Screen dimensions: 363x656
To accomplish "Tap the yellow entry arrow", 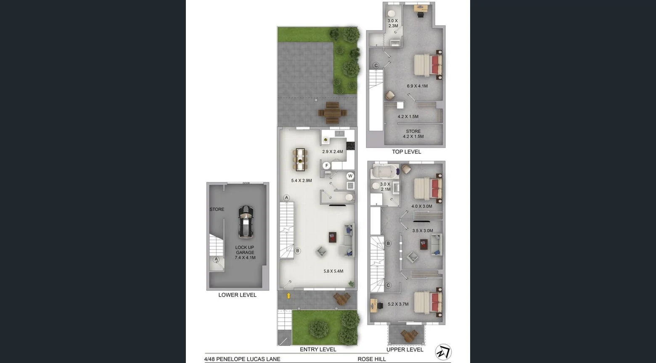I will pyautogui.click(x=288, y=295).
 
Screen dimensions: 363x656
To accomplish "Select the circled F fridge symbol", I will pyautogui.click(x=326, y=166).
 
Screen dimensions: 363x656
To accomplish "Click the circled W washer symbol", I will pyautogui.click(x=350, y=176).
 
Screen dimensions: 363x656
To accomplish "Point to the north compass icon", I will pyautogui.click(x=443, y=352).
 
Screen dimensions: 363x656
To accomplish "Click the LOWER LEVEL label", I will pyautogui.click(x=237, y=295).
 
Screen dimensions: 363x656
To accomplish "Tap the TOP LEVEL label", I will pyautogui.click(x=406, y=152).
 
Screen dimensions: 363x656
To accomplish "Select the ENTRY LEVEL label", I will pyautogui.click(x=318, y=349).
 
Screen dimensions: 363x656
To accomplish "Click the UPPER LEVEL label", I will pyautogui.click(x=405, y=349).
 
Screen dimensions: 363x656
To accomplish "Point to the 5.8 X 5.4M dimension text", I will pyautogui.click(x=333, y=271).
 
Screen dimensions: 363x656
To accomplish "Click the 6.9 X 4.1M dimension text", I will pyautogui.click(x=417, y=86).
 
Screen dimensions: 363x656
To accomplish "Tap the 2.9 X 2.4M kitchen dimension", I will pyautogui.click(x=333, y=152).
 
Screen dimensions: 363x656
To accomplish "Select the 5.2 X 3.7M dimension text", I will pyautogui.click(x=398, y=304).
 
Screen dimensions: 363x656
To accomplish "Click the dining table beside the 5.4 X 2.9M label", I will pyautogui.click(x=300, y=159).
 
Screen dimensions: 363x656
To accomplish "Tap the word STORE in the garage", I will pyautogui.click(x=217, y=209).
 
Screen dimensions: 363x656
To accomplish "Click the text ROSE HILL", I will pyautogui.click(x=372, y=359).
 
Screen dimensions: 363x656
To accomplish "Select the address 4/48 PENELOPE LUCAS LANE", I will pyautogui.click(x=242, y=359).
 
